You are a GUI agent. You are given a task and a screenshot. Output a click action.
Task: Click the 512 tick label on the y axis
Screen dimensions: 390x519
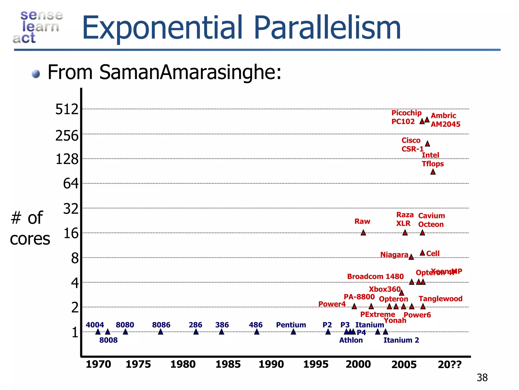[67, 109]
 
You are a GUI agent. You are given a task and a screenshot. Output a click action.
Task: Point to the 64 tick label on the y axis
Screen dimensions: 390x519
[71, 183]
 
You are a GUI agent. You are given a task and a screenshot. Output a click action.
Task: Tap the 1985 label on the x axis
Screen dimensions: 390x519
[228, 364]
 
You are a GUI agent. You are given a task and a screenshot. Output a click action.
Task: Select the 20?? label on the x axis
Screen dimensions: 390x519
[450, 365]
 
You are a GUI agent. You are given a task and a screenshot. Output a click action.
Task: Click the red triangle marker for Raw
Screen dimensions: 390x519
[363, 233]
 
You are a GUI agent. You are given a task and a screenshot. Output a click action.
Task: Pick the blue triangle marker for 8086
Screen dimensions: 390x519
[160, 332]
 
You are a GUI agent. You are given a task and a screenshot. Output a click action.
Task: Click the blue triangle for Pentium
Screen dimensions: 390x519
[293, 332]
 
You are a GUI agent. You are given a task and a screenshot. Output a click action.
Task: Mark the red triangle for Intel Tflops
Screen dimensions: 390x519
[433, 172]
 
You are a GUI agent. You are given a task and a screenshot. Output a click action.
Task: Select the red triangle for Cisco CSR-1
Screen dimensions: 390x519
[427, 144]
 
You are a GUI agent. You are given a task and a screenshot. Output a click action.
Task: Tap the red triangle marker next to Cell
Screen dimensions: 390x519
[422, 253]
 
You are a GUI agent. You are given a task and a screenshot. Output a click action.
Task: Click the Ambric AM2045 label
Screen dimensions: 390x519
[445, 120]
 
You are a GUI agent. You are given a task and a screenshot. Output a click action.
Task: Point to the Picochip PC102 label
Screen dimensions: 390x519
[406, 117]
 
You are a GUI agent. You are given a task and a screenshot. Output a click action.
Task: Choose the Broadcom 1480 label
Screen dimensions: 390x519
[375, 277]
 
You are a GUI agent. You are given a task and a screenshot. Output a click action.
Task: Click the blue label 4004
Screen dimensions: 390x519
[95, 325]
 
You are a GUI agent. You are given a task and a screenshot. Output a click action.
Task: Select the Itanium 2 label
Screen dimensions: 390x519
[401, 340]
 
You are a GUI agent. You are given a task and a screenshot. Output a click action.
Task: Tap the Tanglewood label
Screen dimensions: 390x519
[440, 299]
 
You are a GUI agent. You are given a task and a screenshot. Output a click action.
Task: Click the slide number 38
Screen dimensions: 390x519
[482, 378]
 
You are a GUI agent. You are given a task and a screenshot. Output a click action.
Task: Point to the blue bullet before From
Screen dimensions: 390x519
[36, 74]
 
